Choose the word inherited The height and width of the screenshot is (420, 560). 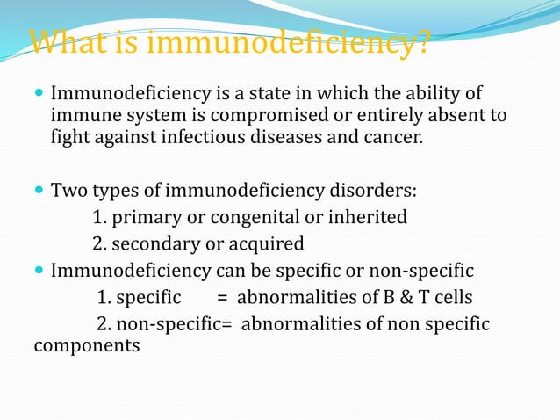click(361, 217)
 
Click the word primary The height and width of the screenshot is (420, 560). click(145, 217)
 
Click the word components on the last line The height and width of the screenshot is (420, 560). click(86, 345)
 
